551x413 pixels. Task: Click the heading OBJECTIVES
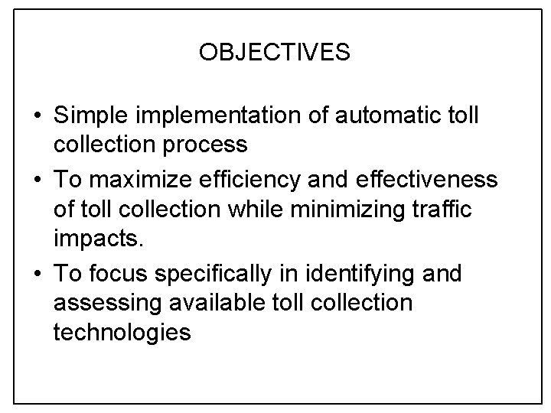point(275,53)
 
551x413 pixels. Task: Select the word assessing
point(103,301)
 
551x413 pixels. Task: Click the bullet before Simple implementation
point(37,116)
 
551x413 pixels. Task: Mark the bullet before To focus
point(37,273)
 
